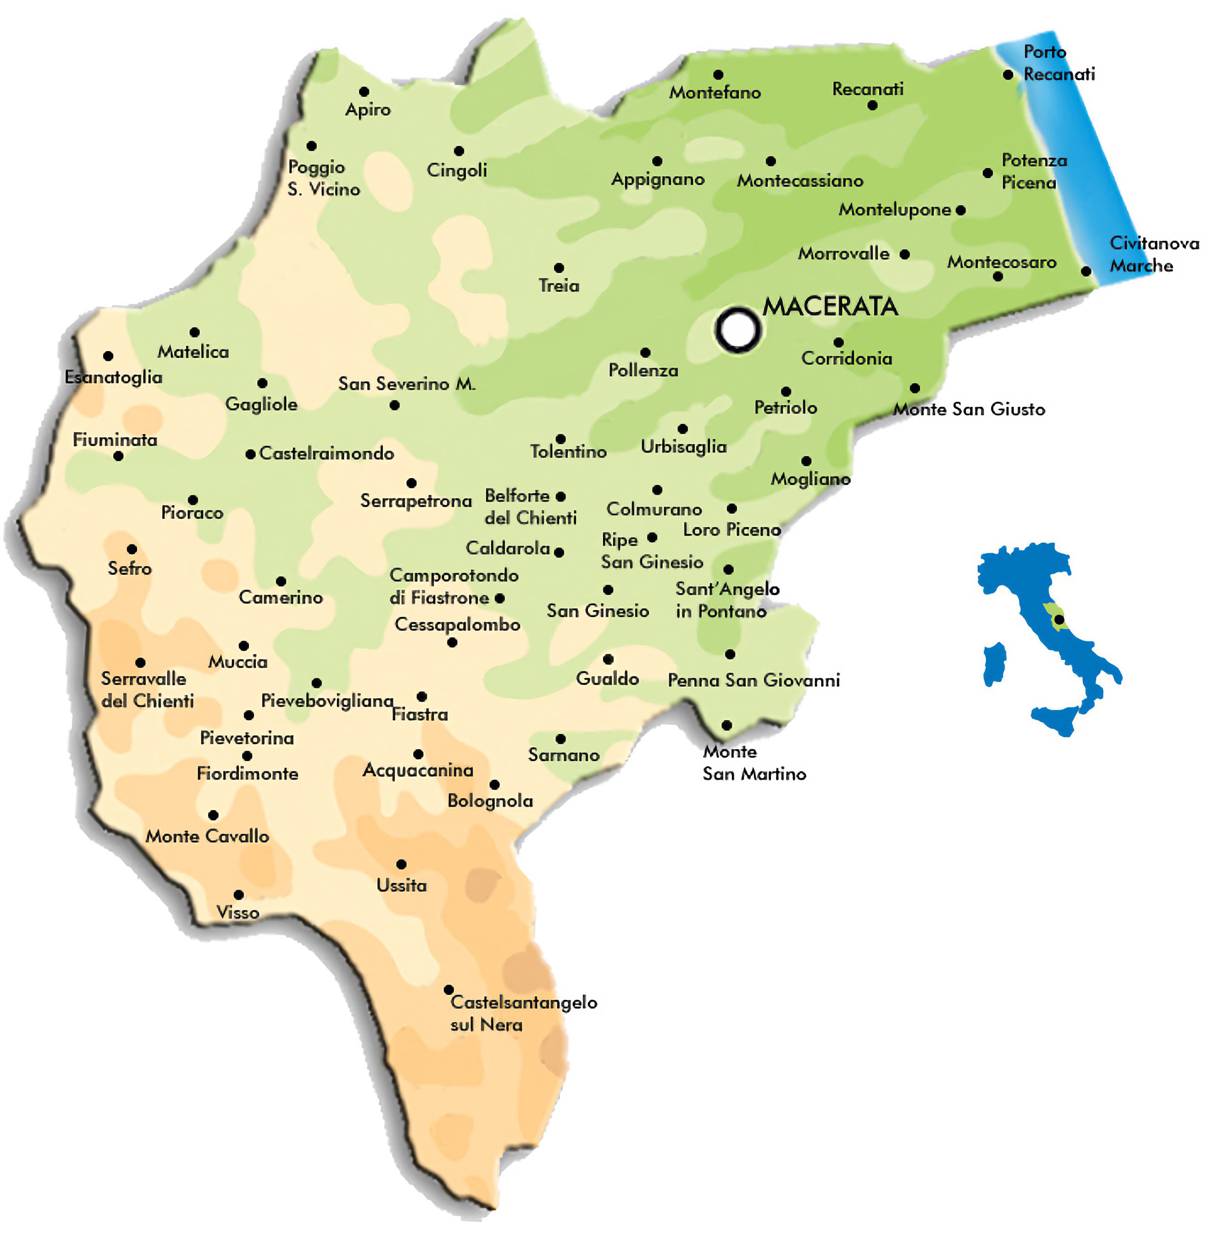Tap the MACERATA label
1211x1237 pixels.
click(830, 306)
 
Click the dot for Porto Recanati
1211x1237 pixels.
click(1008, 75)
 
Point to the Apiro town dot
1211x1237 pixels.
click(364, 92)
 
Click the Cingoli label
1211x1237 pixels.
click(457, 170)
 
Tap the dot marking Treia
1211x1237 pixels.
click(558, 268)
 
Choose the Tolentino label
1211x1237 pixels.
click(568, 451)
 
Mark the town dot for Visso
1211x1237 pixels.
click(238, 895)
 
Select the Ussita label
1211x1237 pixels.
click(401, 884)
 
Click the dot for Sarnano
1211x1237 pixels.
click(560, 739)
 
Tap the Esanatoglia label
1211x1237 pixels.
click(113, 377)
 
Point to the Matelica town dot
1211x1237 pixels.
click(195, 332)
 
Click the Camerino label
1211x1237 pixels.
click(280, 597)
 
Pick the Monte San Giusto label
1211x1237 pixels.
click(969, 409)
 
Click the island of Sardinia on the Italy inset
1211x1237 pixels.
click(994, 663)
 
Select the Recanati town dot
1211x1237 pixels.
click(872, 105)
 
